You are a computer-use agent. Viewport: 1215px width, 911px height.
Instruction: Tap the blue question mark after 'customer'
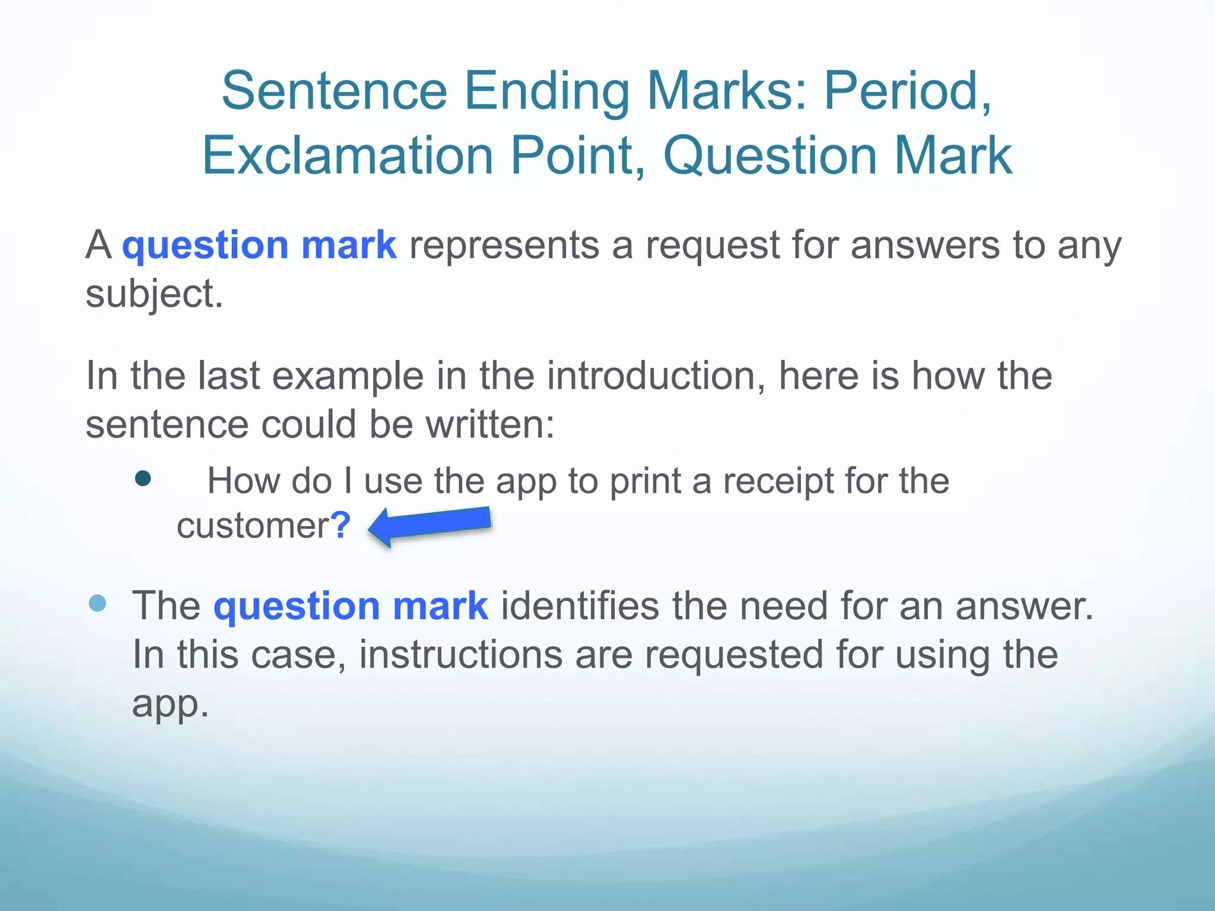341,525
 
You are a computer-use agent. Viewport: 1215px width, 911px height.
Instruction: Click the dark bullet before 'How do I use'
143,478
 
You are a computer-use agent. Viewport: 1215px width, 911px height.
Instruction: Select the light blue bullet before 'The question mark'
97,603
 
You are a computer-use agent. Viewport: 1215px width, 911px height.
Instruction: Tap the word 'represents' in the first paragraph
504,245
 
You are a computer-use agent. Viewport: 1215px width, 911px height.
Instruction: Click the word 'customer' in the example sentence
253,526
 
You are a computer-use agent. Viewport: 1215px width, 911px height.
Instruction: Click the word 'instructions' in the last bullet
460,655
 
